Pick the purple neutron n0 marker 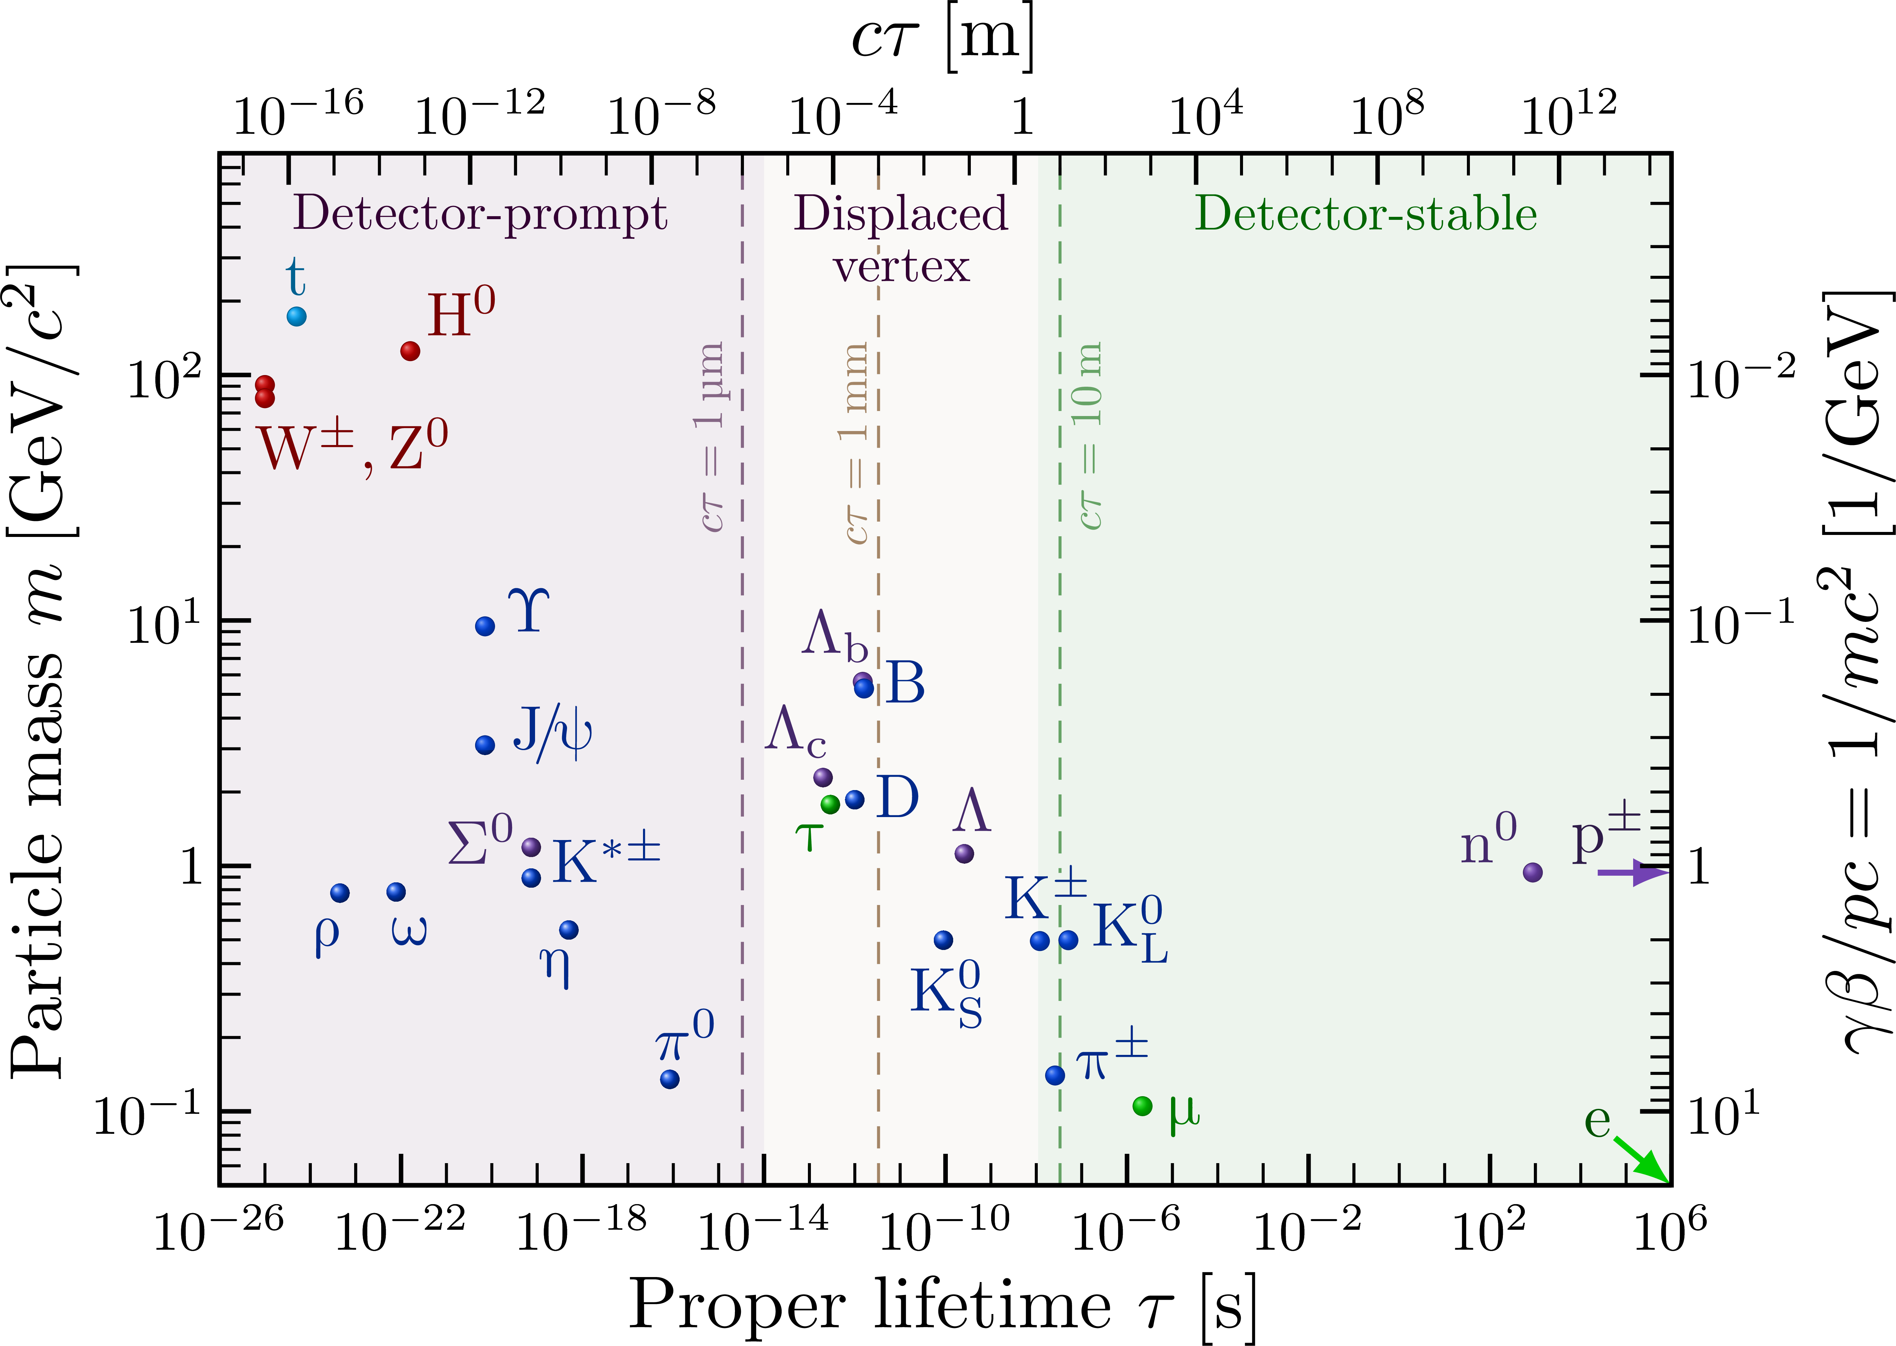pos(1532,872)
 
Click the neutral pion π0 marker pos(670,1079)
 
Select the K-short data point pos(943,940)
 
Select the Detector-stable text pos(1365,214)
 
